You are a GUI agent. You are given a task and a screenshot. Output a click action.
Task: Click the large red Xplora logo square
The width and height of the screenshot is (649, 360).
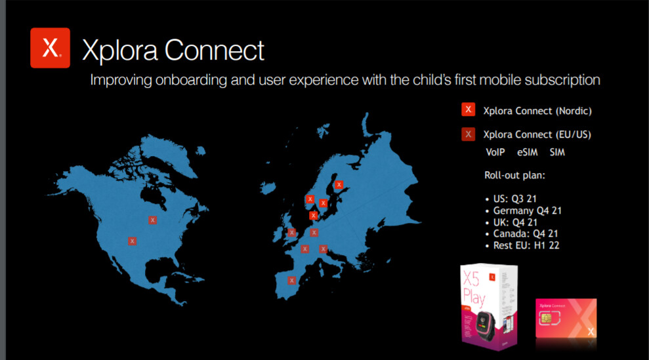click(50, 48)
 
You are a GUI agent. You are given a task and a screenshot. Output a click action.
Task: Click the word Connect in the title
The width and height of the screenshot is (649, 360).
click(215, 50)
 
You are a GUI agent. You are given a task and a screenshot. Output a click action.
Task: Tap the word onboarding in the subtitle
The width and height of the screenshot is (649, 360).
click(191, 80)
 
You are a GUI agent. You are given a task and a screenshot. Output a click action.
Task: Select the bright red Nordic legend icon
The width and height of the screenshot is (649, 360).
click(468, 110)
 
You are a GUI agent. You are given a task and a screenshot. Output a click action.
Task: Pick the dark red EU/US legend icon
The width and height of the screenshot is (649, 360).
click(468, 134)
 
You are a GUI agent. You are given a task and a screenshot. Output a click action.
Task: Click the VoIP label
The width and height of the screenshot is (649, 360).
click(495, 152)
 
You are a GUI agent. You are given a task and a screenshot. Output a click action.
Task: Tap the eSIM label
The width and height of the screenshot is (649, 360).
click(528, 152)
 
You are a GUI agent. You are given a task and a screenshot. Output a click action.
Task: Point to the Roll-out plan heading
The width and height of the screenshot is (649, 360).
click(514, 175)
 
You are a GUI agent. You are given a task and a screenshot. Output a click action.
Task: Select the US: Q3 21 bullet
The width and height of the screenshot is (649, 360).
click(511, 199)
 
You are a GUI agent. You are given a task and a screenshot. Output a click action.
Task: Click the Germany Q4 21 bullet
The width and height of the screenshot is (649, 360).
click(523, 210)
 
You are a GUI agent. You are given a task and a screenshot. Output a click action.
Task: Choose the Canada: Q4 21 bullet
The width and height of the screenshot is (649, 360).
click(522, 234)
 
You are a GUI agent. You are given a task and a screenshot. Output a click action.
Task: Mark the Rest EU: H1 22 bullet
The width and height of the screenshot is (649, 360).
click(522, 245)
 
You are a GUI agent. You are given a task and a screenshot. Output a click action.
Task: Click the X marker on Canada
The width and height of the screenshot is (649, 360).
click(153, 220)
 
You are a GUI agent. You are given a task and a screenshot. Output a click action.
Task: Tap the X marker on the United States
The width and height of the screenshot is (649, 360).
click(132, 241)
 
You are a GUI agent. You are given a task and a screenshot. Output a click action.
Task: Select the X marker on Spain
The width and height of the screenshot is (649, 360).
click(292, 280)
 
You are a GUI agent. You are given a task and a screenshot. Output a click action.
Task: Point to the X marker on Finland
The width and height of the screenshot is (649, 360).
click(339, 184)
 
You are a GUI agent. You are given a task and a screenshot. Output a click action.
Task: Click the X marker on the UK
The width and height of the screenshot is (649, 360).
click(292, 232)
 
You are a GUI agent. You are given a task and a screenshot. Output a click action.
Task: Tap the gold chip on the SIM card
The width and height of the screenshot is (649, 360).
click(545, 318)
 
